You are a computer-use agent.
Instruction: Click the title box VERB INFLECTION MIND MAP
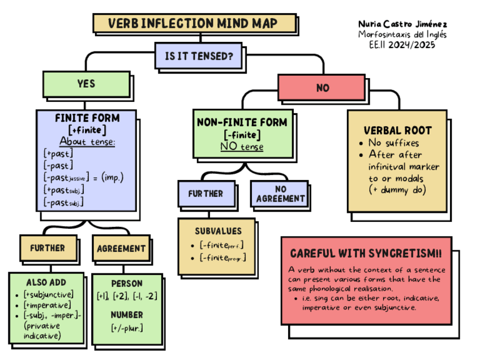coord(193,23)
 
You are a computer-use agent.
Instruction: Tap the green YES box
coord(86,84)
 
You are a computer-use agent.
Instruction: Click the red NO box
coord(322,88)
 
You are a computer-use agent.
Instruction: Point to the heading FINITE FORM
coord(87,118)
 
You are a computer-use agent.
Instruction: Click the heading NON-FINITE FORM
coord(242,122)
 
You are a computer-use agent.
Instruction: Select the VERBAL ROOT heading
coord(398,130)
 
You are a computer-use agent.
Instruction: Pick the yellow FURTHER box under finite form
coord(47,248)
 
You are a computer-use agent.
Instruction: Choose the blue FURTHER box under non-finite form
coord(205,194)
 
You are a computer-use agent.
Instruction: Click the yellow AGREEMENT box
coord(121,248)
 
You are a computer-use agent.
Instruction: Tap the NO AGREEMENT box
coord(280,194)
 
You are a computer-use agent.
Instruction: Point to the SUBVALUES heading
coord(218,231)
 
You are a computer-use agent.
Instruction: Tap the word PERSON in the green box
coord(127,283)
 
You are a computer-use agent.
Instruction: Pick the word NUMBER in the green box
coord(127,314)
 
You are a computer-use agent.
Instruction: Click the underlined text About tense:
coord(87,141)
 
